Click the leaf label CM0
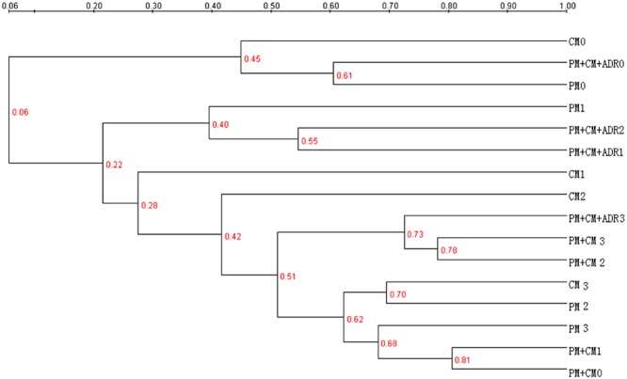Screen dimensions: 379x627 [578, 41]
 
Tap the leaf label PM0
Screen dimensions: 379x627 [578, 86]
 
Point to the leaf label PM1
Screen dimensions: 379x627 [578, 107]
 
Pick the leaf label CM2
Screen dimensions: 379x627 [578, 197]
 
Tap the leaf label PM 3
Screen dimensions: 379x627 [579, 329]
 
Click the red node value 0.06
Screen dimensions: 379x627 [20, 113]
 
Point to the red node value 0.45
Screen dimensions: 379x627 [252, 60]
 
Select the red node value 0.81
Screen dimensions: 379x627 [462, 359]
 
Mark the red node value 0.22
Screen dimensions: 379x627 [113, 166]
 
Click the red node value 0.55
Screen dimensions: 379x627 [308, 143]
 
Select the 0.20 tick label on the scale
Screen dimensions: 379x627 [94, 6]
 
